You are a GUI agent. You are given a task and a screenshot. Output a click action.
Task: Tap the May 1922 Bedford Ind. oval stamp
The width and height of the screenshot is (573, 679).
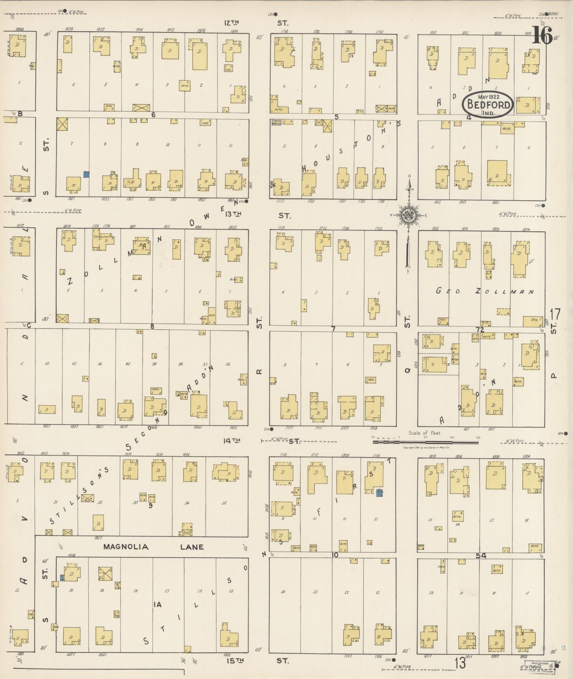pos(488,104)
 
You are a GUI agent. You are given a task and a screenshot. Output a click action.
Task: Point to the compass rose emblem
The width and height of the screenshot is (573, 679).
pos(408,216)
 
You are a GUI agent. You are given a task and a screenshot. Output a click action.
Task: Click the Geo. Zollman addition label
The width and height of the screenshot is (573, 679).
pos(484,292)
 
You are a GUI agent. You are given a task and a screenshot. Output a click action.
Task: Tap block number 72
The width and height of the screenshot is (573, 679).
pos(480,330)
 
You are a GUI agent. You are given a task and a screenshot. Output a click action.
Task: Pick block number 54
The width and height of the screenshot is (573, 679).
pos(481,556)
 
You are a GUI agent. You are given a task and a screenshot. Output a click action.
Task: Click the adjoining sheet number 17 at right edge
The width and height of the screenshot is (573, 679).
pos(555,314)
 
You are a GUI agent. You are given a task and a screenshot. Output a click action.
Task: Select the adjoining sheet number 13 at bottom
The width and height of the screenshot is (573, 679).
pos(460,663)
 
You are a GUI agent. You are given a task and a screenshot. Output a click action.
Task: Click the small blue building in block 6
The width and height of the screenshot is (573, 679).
pos(86,174)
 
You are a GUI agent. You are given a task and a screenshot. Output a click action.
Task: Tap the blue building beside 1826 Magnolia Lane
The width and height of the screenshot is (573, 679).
pos(62,578)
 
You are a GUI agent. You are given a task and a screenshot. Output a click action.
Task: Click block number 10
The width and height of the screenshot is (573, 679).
pos(335,555)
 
